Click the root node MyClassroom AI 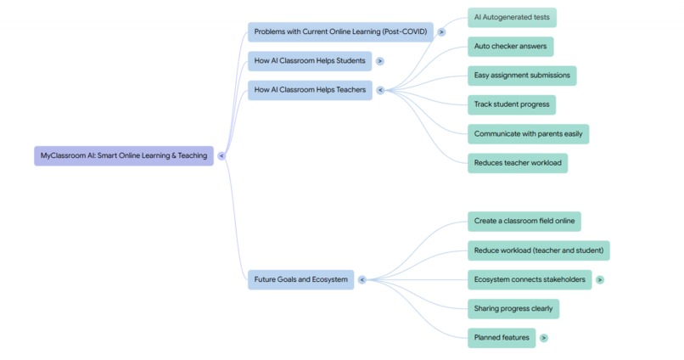tap(124, 156)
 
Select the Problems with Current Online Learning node tap(340, 32)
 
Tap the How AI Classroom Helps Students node tap(310, 61)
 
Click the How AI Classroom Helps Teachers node tap(310, 90)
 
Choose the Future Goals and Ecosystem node tap(300, 279)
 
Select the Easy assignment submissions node tap(522, 76)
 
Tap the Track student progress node tap(512, 104)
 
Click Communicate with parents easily tap(528, 134)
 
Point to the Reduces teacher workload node tap(517, 163)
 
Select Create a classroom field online tap(524, 222)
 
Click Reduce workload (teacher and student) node tap(538, 250)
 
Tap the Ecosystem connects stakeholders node tap(530, 279)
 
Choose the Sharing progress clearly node tap(513, 309)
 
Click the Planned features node tap(502, 338)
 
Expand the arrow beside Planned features tap(544, 338)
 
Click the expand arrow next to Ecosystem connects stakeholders tap(600, 279)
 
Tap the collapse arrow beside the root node tap(221, 156)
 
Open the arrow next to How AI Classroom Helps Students tap(380, 61)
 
